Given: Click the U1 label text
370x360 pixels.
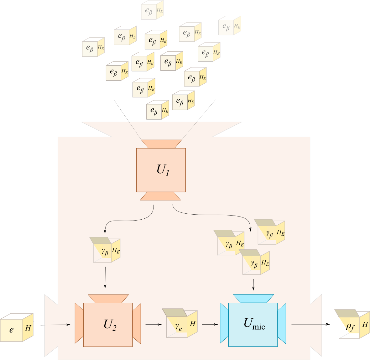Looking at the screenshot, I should [163, 170].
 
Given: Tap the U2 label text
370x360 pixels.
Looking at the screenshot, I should [110, 325].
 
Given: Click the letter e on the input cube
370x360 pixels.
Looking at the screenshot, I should [12, 330].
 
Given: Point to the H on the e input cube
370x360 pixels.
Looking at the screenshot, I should [28, 328].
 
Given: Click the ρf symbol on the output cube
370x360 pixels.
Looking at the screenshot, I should [350, 326].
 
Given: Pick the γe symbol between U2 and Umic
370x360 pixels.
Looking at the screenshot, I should [179, 327].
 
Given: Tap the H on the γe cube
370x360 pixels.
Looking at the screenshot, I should [193, 324].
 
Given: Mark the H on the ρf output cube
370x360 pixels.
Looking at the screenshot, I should [365, 325].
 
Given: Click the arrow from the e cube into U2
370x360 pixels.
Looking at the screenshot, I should [58, 325].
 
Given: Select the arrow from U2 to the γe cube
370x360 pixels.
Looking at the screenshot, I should [154, 324].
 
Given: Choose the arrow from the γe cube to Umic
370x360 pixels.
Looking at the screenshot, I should [210, 324].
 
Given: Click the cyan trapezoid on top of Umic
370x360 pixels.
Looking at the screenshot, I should [253, 298].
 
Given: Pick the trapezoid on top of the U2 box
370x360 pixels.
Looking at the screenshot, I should [108, 298].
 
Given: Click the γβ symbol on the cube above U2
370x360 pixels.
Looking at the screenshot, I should [105, 252].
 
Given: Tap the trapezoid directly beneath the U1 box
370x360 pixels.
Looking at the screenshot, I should [160, 196].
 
